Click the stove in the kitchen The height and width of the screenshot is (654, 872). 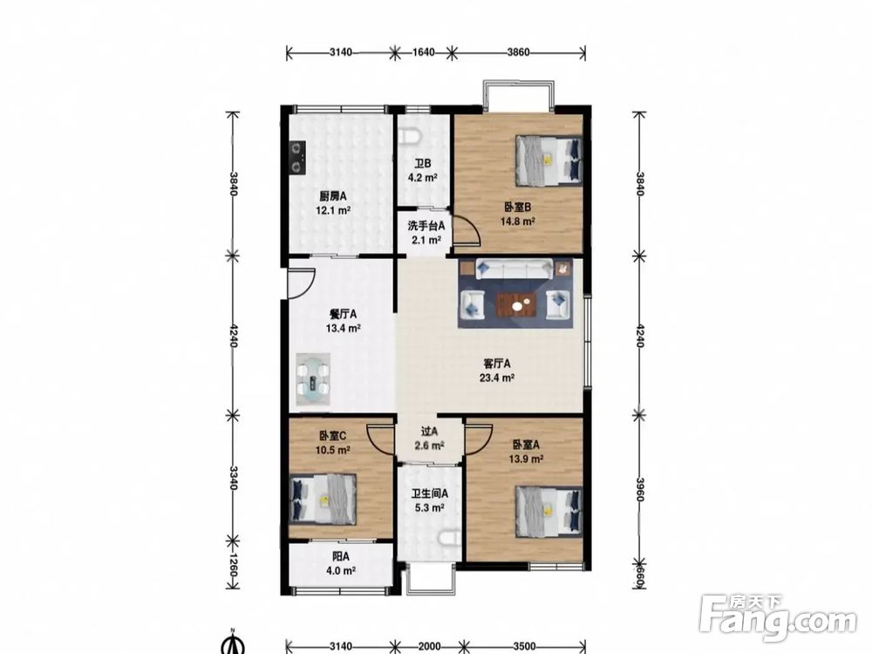(298, 157)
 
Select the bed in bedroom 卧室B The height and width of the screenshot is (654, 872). (548, 160)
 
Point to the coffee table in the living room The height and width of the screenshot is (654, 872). (516, 304)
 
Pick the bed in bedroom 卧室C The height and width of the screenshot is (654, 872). (324, 498)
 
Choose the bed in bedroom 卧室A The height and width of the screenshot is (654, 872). (548, 511)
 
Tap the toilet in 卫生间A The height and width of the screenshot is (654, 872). (450, 538)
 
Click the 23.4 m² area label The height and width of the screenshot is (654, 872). (497, 378)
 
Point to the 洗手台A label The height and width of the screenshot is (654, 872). (426, 226)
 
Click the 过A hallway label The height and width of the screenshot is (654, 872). (429, 431)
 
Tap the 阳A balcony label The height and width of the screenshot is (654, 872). (341, 556)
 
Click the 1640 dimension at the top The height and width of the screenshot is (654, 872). (423, 52)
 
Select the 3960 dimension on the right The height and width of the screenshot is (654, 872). (640, 489)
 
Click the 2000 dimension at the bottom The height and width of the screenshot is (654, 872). (429, 646)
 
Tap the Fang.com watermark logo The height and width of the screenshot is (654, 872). (778, 617)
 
